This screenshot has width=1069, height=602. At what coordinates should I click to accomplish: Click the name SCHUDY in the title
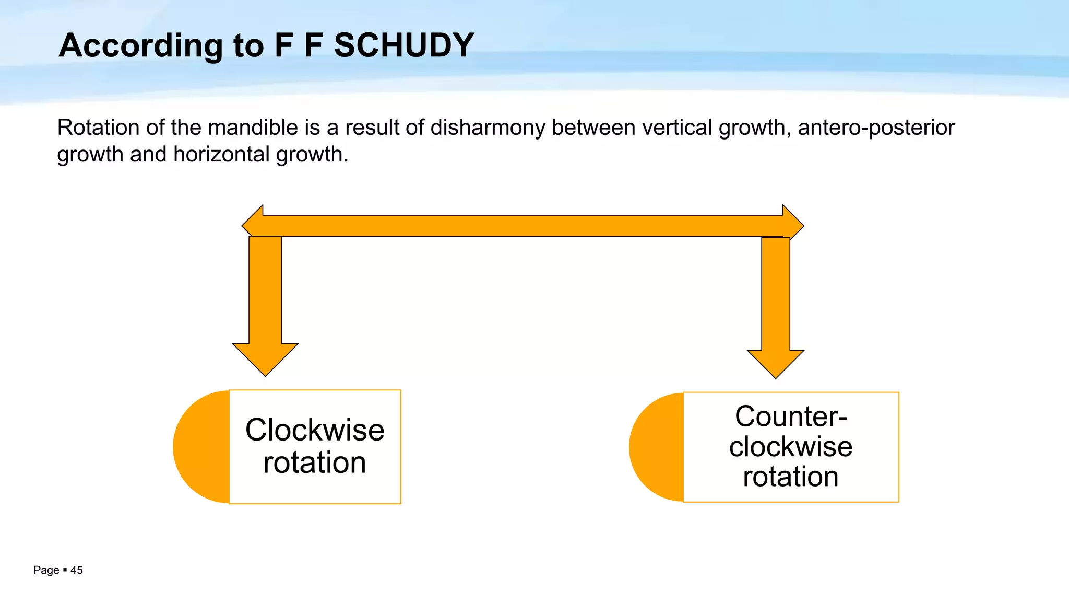(403, 45)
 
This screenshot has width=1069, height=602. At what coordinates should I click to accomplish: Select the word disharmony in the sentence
(488, 128)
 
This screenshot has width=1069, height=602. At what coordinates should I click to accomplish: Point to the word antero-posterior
(876, 128)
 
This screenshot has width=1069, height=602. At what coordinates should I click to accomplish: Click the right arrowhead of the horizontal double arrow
(792, 225)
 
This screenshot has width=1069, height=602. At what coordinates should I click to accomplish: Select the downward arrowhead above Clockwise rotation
(265, 358)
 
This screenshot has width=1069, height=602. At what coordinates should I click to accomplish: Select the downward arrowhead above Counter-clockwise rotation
(776, 363)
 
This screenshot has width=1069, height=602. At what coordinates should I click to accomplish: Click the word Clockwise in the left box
(315, 430)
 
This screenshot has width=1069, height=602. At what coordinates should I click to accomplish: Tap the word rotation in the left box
(315, 463)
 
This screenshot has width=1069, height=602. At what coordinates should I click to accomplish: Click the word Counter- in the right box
(791, 416)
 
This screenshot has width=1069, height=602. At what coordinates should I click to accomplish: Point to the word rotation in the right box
(791, 477)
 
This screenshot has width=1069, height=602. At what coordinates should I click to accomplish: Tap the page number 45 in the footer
(77, 570)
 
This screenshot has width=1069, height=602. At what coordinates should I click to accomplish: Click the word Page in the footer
(46, 570)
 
